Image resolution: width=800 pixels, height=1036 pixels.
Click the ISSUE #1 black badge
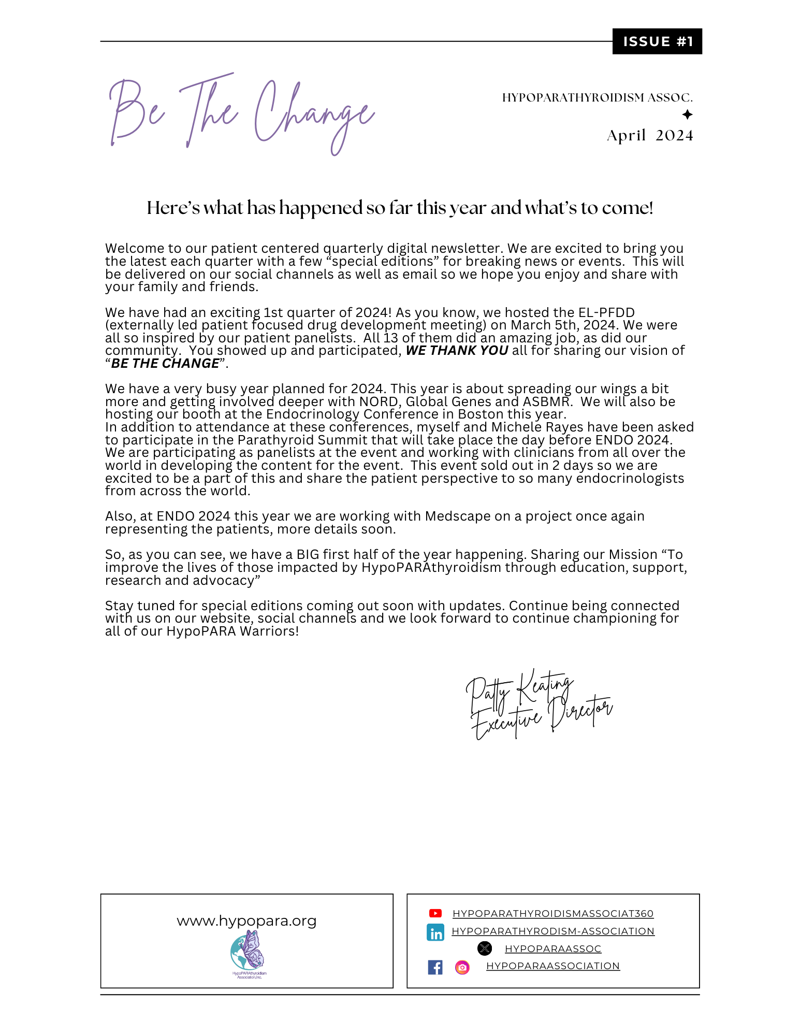(x=657, y=41)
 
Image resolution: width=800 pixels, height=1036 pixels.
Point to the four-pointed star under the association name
(x=687, y=114)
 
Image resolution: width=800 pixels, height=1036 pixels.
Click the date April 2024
(x=650, y=136)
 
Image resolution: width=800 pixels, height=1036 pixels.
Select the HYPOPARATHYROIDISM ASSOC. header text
(x=597, y=98)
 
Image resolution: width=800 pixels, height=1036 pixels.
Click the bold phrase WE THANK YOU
(x=457, y=351)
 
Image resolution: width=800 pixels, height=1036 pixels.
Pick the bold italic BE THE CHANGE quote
(x=165, y=364)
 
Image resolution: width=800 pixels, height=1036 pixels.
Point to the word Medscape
(x=458, y=516)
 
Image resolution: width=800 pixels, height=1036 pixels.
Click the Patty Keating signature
(x=519, y=690)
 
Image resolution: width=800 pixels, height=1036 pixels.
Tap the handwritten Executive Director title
(x=541, y=717)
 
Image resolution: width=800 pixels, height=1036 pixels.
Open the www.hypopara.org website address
(x=246, y=921)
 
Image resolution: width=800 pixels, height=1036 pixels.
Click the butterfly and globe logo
(x=248, y=952)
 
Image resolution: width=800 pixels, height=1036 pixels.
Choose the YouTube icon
(x=435, y=914)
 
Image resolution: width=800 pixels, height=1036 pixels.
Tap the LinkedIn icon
(x=435, y=932)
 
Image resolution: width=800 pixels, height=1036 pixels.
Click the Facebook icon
(x=435, y=967)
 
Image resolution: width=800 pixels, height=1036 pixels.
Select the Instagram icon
(x=462, y=967)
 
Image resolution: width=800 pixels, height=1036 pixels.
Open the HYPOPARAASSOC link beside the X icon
(x=553, y=949)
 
